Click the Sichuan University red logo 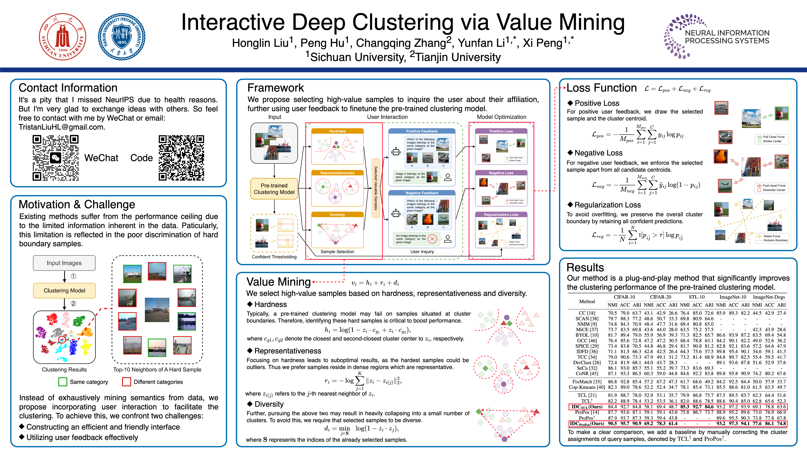(63, 37)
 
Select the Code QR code (181, 158)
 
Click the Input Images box (64, 263)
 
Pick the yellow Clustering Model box (64, 290)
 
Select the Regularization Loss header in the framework (501, 215)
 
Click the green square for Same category (63, 382)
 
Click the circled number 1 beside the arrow (73, 276)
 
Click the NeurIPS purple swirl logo (677, 36)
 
